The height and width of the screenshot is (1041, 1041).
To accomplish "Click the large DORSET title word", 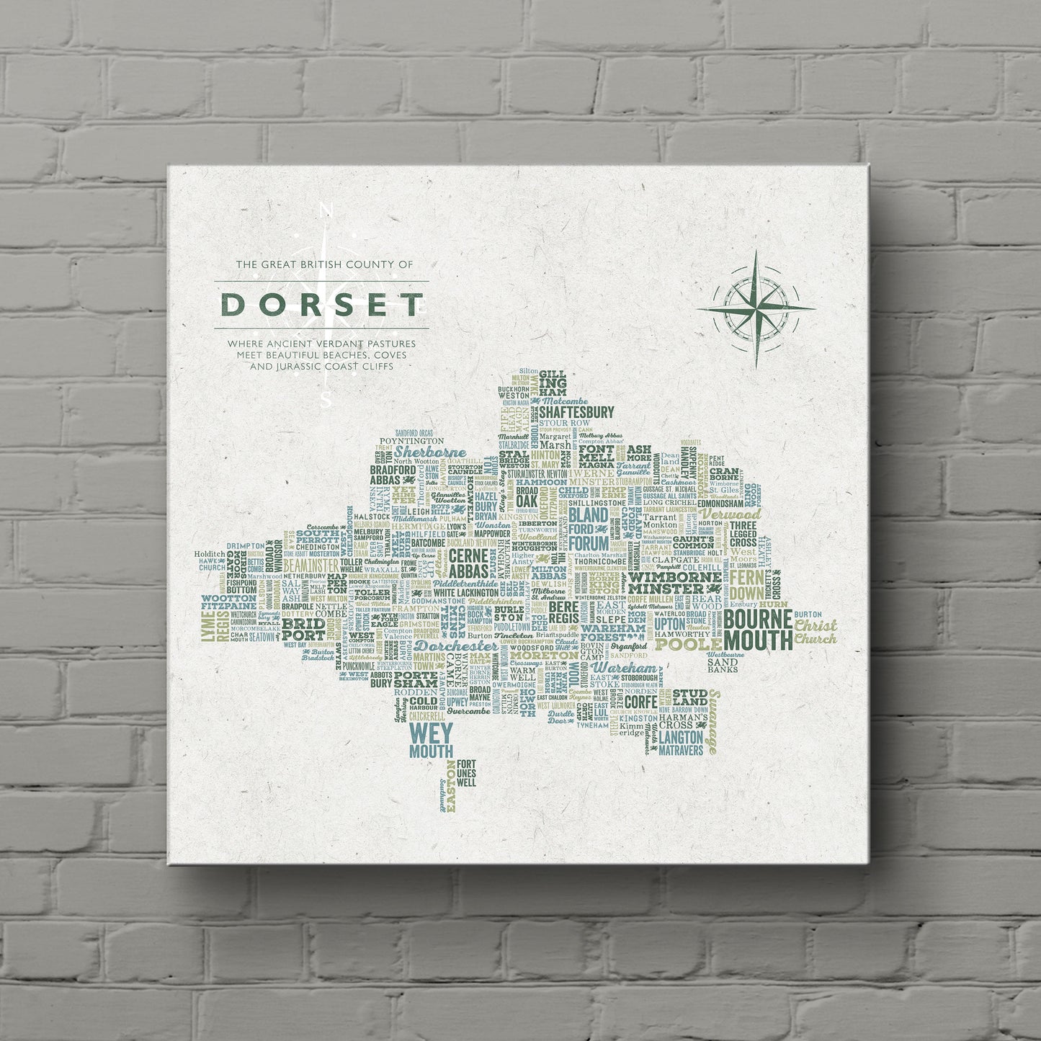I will [321, 305].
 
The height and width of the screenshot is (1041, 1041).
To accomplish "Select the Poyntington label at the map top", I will [411, 439].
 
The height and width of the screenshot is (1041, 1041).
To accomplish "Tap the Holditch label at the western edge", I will [210, 553].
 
